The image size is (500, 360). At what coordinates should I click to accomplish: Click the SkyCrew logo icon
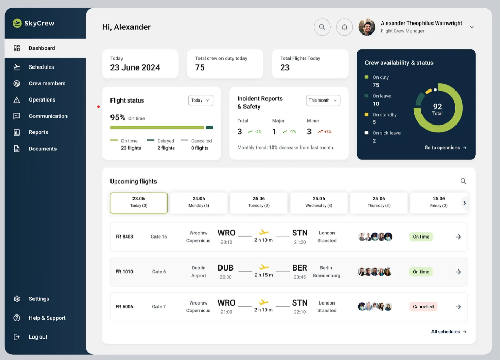click(17, 23)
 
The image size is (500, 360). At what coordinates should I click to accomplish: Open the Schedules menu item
click(41, 67)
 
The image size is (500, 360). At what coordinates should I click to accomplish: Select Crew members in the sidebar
click(47, 84)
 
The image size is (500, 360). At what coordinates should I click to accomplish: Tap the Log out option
click(38, 337)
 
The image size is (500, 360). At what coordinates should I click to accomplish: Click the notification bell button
click(345, 27)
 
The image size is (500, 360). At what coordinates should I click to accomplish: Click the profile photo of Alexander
click(366, 27)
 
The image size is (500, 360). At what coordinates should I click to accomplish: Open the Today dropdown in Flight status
click(201, 100)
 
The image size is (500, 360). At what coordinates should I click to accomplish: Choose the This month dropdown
click(323, 100)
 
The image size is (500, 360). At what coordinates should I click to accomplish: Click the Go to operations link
click(446, 148)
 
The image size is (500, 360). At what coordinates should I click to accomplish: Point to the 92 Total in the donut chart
click(438, 109)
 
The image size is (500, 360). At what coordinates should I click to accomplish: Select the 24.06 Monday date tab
click(198, 203)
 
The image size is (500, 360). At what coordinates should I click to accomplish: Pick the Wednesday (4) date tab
click(319, 203)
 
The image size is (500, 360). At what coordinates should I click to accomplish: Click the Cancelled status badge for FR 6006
click(423, 307)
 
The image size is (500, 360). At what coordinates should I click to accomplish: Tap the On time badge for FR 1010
click(421, 272)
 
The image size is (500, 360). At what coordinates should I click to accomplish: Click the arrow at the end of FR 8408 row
click(458, 237)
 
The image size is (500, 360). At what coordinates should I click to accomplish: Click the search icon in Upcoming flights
click(463, 181)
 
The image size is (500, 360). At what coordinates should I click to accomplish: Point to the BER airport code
click(300, 268)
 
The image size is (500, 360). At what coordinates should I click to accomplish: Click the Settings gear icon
click(17, 299)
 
